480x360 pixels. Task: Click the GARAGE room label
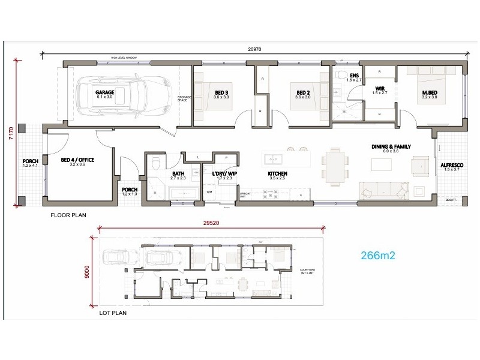104,93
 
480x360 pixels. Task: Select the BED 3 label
221,93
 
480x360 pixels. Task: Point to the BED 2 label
302,93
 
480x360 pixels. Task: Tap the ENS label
355,76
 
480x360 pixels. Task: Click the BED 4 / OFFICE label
78,160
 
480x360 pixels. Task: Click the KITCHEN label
278,174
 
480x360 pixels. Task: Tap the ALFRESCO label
452,165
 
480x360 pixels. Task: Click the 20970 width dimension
254,50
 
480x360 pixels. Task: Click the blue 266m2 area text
377,254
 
